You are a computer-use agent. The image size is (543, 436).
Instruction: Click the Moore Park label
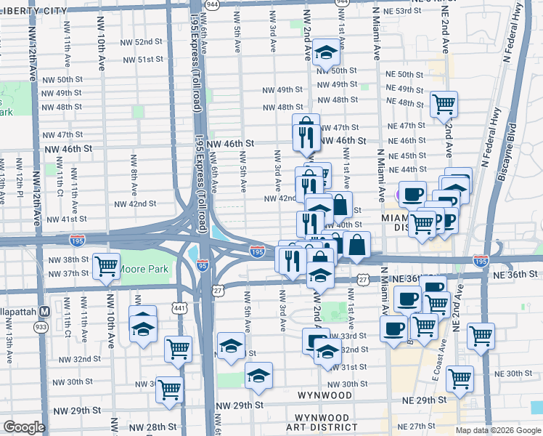(144, 270)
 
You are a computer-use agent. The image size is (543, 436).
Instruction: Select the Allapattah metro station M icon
(44, 311)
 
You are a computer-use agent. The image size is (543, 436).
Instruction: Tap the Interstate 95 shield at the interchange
(205, 265)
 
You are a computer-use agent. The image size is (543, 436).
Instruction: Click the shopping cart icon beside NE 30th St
(460, 378)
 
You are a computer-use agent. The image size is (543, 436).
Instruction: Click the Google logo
(24, 427)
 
